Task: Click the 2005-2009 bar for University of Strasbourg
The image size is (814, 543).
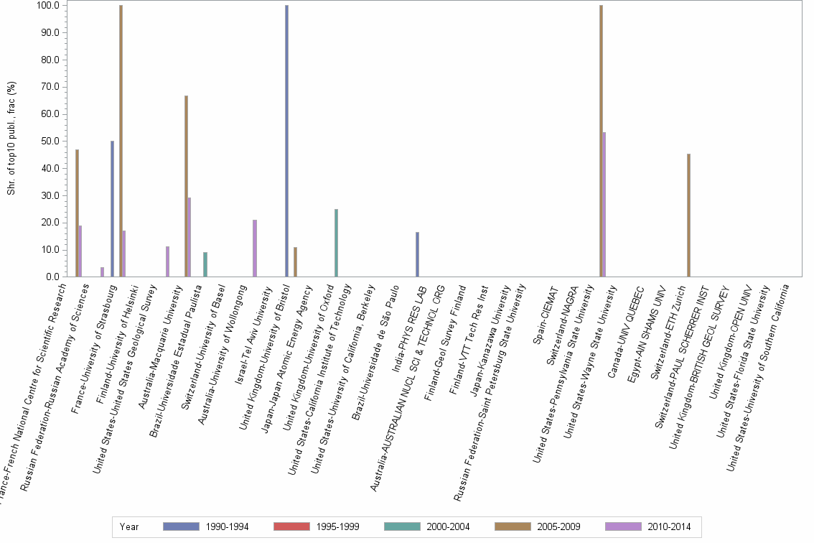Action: click(121, 141)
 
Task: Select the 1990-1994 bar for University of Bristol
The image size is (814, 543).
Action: click(286, 141)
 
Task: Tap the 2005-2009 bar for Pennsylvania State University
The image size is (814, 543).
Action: click(601, 141)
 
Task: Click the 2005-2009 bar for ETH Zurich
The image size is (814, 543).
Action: click(688, 215)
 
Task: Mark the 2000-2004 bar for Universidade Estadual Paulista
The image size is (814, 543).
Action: click(205, 264)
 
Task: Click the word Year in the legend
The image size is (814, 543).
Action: click(130, 527)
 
